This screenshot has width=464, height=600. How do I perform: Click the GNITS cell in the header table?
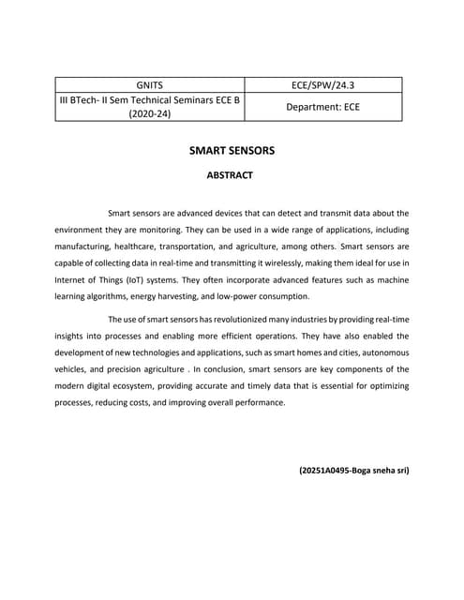(150, 85)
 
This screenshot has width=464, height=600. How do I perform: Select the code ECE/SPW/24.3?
(323, 85)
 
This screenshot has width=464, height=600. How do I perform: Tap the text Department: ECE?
(323, 108)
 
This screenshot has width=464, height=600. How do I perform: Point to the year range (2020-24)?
(150, 114)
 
